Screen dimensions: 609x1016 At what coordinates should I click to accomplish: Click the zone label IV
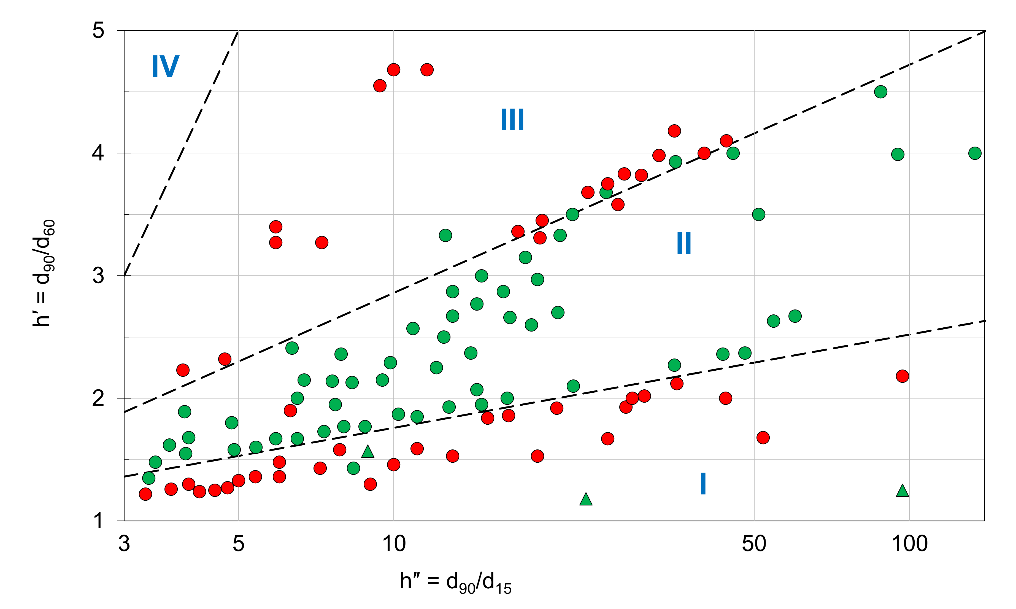[165, 66]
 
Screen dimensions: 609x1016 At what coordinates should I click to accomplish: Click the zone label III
[512, 120]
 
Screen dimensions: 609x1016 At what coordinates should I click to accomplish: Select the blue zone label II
[684, 243]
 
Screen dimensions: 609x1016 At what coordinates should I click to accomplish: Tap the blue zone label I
[703, 483]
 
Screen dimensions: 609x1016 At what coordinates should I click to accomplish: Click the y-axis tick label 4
[98, 153]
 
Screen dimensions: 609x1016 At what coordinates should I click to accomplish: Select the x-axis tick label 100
[909, 544]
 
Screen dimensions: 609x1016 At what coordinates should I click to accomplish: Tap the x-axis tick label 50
[754, 544]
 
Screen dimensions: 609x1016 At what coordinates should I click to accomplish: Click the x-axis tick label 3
[124, 544]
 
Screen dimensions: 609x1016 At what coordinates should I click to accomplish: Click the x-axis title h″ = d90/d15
[455, 582]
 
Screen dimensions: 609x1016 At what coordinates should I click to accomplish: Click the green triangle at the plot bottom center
[586, 499]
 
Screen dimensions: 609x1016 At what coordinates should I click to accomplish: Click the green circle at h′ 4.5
[881, 91]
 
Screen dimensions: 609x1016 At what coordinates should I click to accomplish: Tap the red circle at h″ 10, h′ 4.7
[393, 70]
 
